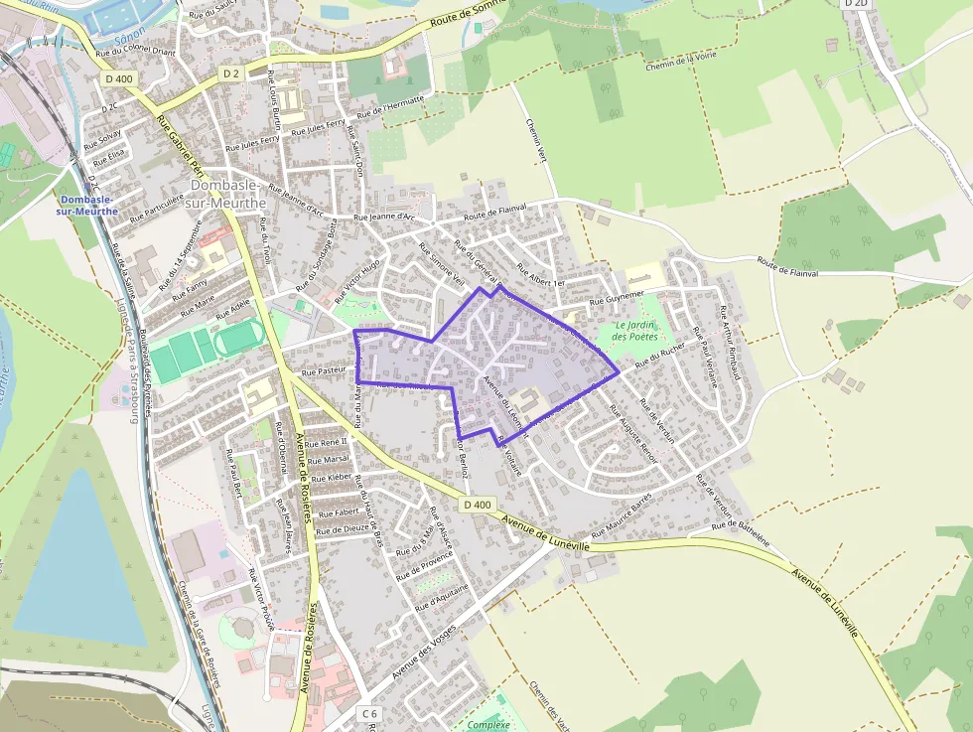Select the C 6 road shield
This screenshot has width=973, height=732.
370,713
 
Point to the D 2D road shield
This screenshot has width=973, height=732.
855,4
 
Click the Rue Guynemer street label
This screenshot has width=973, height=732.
617,297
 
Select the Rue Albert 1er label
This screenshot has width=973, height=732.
540,276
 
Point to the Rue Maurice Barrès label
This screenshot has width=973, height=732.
622,514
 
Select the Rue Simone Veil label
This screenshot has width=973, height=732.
442,265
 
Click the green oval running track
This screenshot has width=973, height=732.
235,340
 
